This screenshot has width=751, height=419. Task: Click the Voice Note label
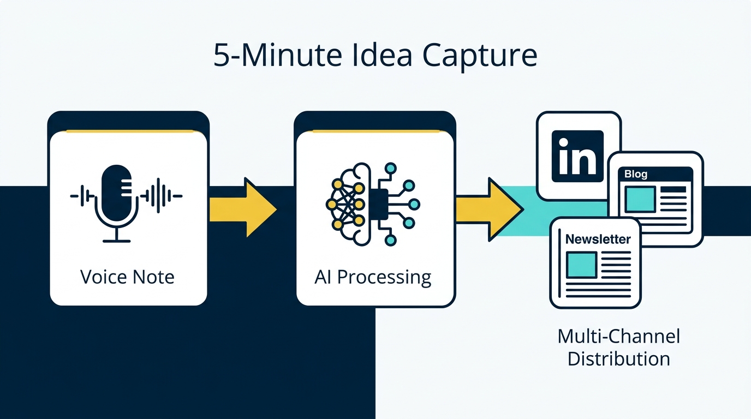tap(127, 277)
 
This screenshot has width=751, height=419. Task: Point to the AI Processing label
tap(373, 277)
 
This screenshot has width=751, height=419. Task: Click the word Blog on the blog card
tap(636, 175)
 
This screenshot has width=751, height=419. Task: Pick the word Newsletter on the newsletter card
tap(598, 239)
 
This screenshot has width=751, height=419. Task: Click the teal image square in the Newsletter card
tap(581, 265)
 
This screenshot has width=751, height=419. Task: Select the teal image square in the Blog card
tap(640, 199)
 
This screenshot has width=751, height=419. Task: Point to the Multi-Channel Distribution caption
tap(618, 348)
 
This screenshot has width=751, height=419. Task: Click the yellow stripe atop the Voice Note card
tap(128, 131)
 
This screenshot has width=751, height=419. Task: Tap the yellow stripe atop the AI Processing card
tap(374, 131)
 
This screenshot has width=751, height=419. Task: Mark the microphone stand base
tap(117, 239)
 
